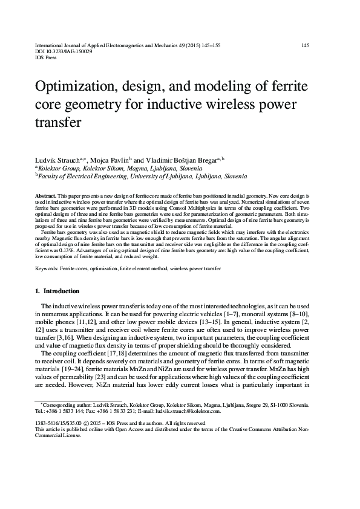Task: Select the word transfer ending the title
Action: (x=58, y=124)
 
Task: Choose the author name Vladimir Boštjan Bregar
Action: (x=185, y=160)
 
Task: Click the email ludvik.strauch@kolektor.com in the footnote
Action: (x=188, y=410)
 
